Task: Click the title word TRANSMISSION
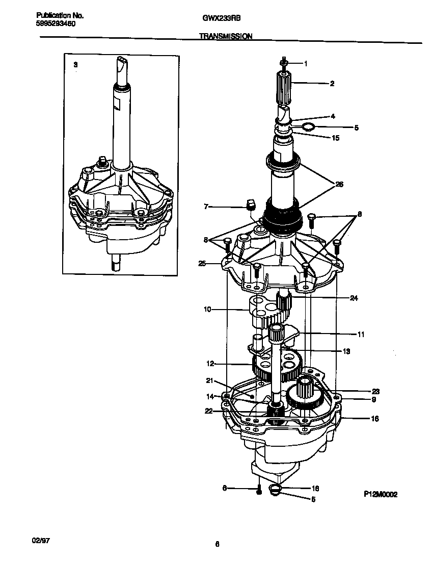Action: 225,37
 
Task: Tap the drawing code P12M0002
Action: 380,494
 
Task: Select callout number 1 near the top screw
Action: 306,64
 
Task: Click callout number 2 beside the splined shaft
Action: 332,83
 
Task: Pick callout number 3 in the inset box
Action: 76,65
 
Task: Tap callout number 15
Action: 335,138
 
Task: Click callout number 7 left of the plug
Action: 206,207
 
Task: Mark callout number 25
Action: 202,263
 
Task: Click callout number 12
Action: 209,364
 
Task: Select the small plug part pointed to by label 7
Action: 250,205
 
